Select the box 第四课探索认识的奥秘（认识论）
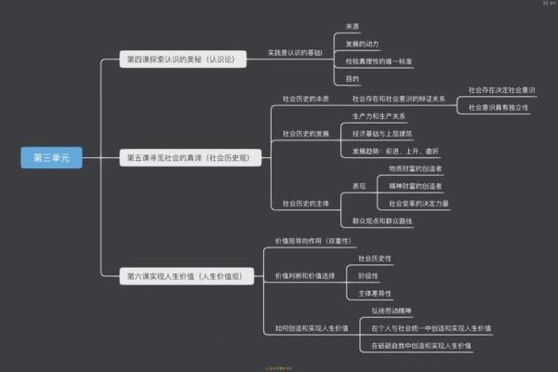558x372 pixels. coord(181,59)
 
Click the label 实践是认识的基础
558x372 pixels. coord(295,53)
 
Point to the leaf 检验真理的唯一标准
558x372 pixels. coord(379,61)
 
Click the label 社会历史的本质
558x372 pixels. coord(306,98)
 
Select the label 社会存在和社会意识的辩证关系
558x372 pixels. coord(399,98)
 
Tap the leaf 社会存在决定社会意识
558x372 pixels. coord(501,90)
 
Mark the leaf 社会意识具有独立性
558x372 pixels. coord(498,108)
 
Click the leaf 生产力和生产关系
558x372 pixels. coord(379,116)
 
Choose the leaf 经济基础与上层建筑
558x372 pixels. coord(382,133)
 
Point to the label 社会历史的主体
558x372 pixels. coord(306,203)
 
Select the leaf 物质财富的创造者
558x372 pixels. coord(416,168)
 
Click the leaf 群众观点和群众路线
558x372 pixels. coord(382,220)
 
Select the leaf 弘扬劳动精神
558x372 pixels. coord(391,310)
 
